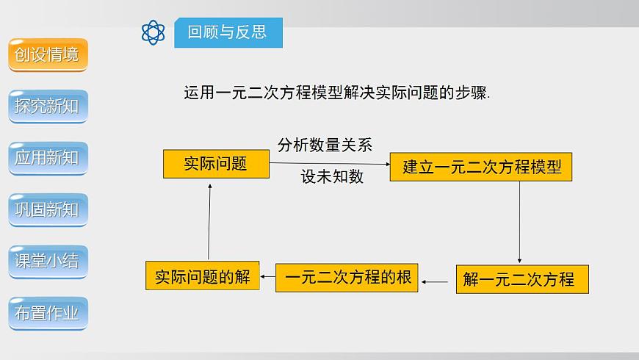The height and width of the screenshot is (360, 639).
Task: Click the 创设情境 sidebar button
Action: pos(48,54)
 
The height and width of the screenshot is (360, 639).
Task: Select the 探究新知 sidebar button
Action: pos(48,107)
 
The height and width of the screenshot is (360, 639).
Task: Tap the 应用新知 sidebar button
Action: pos(48,158)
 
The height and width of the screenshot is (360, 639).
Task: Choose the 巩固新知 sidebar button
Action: pos(48,209)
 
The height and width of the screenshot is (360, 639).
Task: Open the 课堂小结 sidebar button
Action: pos(48,261)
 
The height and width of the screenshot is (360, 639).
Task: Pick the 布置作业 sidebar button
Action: pos(48,313)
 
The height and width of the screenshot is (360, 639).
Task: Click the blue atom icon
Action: pos(154,32)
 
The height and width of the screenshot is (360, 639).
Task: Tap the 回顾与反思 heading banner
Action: pos(228,32)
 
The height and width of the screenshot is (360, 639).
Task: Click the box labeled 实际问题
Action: pos(216,164)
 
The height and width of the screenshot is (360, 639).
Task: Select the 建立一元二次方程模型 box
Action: pos(481,167)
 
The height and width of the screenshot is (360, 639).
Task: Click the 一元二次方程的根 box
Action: pos(347,278)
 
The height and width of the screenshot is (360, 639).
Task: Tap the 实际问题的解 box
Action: pos(203,276)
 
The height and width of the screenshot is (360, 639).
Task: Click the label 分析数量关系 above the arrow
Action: pos(325,145)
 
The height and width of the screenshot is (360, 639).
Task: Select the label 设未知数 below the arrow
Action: pos(332,176)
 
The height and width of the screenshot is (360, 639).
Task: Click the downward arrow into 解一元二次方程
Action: pos(519,221)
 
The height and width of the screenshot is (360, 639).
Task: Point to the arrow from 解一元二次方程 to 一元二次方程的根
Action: pos(436,281)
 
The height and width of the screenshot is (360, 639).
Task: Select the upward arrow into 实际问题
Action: pos(209,220)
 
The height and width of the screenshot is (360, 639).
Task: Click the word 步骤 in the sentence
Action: pos(472,93)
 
